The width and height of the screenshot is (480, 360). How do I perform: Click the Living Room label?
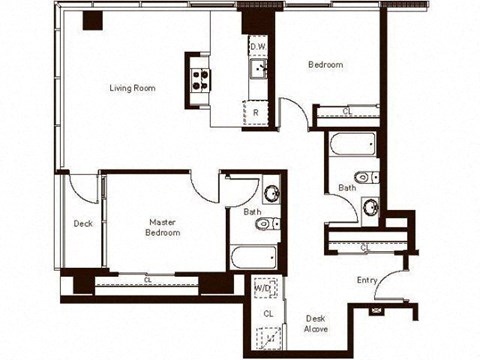(132, 89)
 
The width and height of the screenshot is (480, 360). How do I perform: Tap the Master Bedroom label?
(163, 227)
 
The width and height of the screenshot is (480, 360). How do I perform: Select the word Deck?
(83, 223)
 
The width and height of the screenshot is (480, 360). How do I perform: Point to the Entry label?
(367, 280)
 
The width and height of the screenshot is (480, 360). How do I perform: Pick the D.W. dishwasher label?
(258, 47)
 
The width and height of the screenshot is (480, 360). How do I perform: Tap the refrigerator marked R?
(257, 113)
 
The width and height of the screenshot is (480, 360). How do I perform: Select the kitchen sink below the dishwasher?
(258, 69)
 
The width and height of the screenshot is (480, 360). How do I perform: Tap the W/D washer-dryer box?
(265, 288)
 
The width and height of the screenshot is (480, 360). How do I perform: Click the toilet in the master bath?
(266, 224)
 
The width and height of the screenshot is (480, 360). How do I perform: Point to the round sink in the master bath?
(271, 193)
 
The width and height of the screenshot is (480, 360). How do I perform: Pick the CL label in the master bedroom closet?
(148, 280)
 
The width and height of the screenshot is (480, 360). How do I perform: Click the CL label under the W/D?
(268, 314)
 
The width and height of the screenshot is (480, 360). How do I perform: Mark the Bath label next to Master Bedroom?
(253, 211)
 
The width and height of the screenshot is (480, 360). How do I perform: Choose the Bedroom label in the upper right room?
(325, 65)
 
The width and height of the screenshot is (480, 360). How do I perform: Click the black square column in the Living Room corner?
(93, 22)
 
